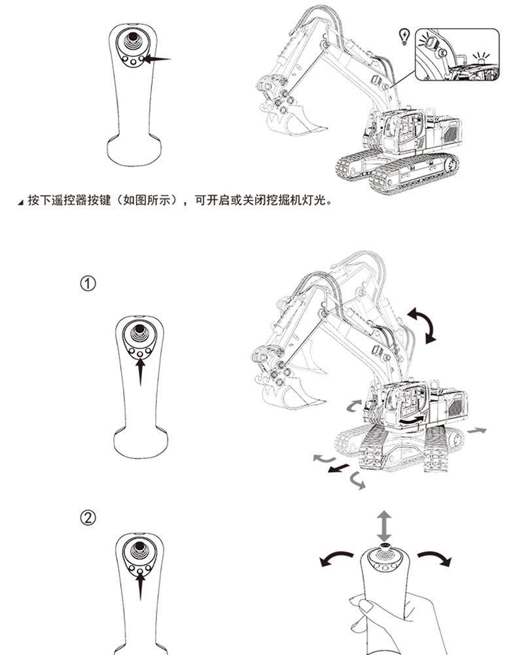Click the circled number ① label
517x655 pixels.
[x=88, y=284]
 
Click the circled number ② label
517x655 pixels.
[x=88, y=518]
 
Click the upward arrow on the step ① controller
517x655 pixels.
[x=139, y=371]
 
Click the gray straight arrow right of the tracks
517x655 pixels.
[x=477, y=430]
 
